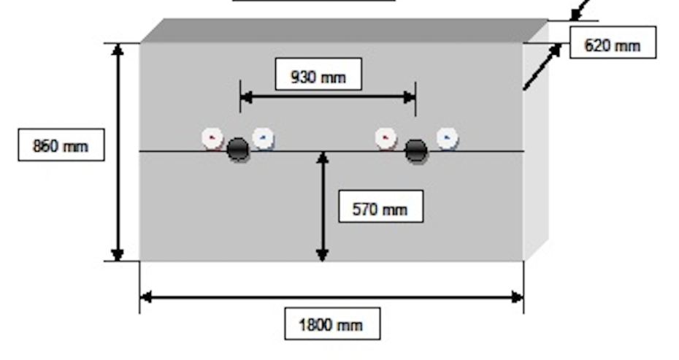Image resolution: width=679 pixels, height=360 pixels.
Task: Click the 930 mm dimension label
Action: tap(318, 75)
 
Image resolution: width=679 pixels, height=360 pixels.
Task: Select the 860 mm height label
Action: tap(61, 147)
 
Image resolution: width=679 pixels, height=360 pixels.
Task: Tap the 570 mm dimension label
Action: tap(380, 210)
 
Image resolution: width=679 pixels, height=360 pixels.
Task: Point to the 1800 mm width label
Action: tap(331, 323)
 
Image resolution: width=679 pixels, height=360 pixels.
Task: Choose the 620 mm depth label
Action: tap(612, 45)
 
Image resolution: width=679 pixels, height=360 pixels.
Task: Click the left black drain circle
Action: tap(237, 150)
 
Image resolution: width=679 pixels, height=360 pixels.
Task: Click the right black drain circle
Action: tap(416, 150)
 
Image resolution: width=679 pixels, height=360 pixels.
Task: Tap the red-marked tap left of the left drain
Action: tap(212, 137)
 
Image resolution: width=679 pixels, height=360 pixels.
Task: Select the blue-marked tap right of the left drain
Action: tap(263, 137)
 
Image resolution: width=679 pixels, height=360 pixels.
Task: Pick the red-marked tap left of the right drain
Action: tap(385, 137)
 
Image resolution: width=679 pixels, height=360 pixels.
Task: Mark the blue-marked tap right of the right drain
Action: tap(447, 137)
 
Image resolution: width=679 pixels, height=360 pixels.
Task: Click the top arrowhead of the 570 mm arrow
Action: tap(322, 157)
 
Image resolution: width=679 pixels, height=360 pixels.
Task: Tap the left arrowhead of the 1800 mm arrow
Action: tap(146, 297)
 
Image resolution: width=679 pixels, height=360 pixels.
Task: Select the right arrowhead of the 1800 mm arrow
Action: tap(518, 297)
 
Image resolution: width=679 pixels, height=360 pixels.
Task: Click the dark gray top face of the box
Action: tap(343, 31)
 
